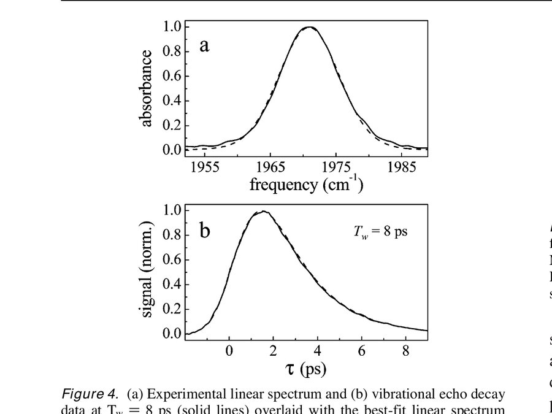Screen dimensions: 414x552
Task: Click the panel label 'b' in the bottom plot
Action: [x=205, y=231]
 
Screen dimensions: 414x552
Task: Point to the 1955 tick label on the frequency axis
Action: [x=205, y=167]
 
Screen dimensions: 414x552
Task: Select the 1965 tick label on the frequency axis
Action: [x=270, y=167]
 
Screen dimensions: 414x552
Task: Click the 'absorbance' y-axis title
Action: [x=147, y=88]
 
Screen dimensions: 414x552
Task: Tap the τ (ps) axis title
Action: [x=305, y=368]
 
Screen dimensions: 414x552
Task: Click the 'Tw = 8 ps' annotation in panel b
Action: [x=380, y=232]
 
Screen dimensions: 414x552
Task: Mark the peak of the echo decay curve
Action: [x=263, y=212]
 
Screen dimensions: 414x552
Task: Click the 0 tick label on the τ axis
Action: [x=229, y=351]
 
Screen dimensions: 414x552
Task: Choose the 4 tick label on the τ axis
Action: [x=317, y=351]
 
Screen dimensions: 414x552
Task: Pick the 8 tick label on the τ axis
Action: [x=405, y=351]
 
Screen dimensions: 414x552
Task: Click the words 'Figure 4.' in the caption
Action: [x=91, y=393]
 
